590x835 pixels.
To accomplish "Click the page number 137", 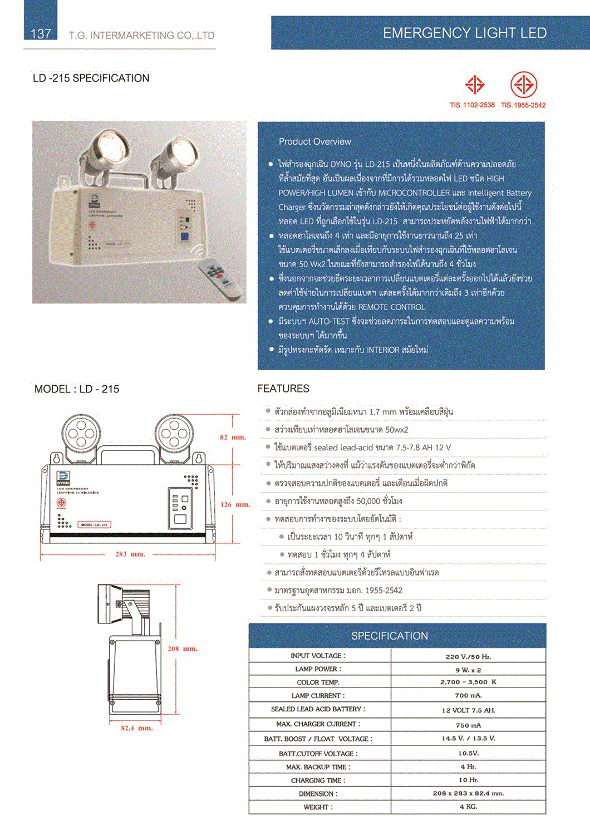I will (41, 33).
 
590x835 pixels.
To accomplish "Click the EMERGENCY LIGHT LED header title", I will (464, 33).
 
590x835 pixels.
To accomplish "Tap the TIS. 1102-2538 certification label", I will (472, 105).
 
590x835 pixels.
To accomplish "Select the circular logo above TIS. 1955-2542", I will (523, 85).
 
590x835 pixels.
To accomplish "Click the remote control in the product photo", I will (222, 274).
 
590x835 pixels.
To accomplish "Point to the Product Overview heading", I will (314, 141).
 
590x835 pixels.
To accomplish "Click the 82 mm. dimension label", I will (233, 437).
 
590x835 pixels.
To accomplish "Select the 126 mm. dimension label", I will (235, 505).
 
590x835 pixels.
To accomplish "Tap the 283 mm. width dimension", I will (130, 554).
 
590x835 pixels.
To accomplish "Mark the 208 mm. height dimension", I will (183, 649).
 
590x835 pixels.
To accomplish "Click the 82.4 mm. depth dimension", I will (136, 728).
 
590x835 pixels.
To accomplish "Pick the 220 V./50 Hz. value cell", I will (468, 657).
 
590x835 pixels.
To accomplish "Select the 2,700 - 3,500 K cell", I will (468, 682).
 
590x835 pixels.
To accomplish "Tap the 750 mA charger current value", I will (468, 725).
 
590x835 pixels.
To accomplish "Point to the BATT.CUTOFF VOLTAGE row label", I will (318, 754).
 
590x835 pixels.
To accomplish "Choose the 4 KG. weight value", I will (468, 807).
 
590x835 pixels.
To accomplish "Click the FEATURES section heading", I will (283, 389).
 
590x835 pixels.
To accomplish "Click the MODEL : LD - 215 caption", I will (77, 389).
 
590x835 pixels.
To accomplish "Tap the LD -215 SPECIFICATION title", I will (91, 78).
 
